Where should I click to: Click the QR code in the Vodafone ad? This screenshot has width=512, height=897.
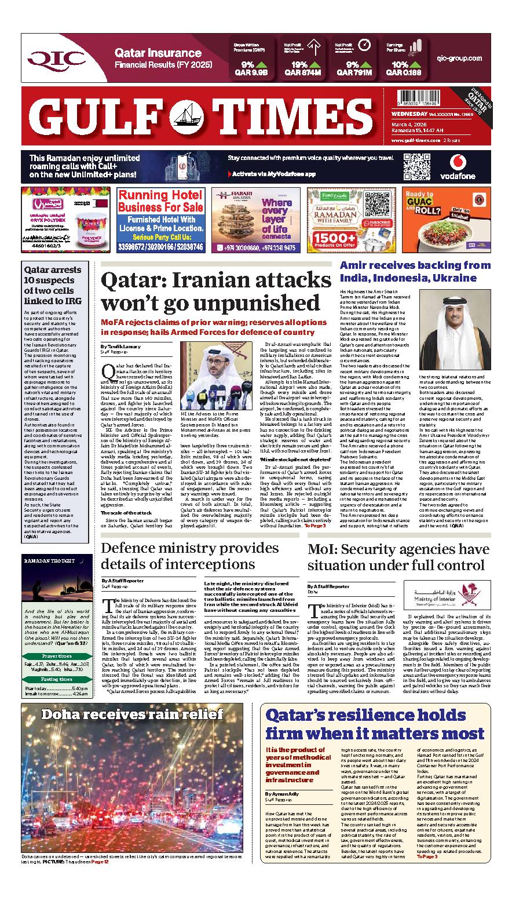click(416, 167)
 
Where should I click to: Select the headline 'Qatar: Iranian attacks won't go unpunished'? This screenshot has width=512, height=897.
click(215, 291)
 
